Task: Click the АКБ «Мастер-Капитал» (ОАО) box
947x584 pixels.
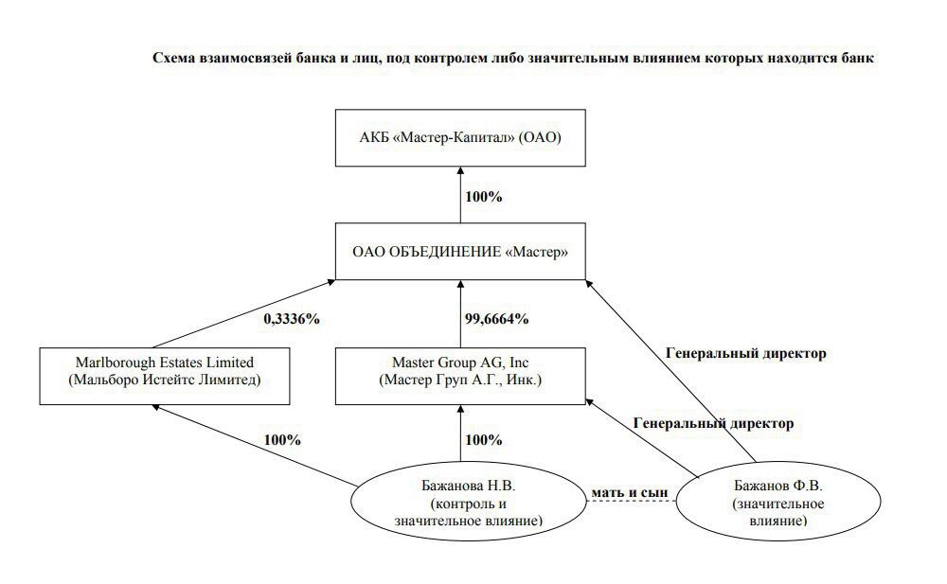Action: click(x=460, y=137)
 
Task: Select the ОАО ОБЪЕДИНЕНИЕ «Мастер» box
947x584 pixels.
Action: click(x=460, y=251)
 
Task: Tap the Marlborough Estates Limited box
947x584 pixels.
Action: click(x=164, y=376)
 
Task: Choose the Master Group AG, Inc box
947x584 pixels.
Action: click(x=460, y=376)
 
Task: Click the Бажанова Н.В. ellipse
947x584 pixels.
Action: click(x=468, y=503)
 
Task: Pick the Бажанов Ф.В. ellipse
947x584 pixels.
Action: click(x=777, y=502)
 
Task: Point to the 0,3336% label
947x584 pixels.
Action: click(x=291, y=319)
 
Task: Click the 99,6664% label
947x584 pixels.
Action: click(x=496, y=319)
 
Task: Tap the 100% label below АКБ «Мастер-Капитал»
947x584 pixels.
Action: click(x=483, y=197)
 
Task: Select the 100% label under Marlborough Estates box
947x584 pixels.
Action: click(x=282, y=440)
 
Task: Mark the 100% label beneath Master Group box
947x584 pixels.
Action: click(x=483, y=440)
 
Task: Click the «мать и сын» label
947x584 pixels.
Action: click(x=630, y=493)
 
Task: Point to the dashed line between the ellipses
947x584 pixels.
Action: click(x=631, y=502)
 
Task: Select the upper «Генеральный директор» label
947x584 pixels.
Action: click(x=746, y=353)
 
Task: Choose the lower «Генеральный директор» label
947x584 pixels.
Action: click(x=713, y=423)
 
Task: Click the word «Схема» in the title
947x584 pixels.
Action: click(x=174, y=58)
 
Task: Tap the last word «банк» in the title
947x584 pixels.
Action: click(x=858, y=58)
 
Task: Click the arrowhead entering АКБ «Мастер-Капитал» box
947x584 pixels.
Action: click(x=460, y=171)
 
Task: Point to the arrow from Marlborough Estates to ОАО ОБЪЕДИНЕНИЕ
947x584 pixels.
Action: click(x=243, y=313)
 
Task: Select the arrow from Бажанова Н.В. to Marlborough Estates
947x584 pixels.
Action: click(x=254, y=445)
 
